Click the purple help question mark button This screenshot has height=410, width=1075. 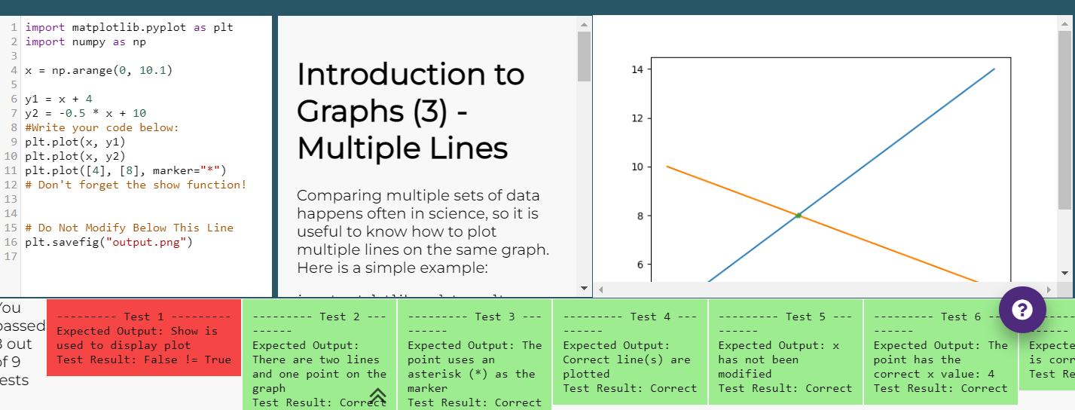pyautogui.click(x=1022, y=309)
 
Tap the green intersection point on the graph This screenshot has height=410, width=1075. pyautogui.click(x=799, y=216)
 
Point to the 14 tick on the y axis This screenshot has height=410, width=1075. pyautogui.click(x=637, y=69)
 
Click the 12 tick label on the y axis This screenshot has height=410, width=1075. pyautogui.click(x=637, y=118)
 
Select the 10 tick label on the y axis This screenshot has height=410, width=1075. pyautogui.click(x=637, y=167)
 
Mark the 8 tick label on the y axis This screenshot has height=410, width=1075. pyautogui.click(x=640, y=216)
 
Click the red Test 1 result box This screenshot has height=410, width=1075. pyautogui.click(x=144, y=337)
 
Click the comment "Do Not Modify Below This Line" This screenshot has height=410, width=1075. pyautogui.click(x=136, y=228)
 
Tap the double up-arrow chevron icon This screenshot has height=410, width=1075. pyautogui.click(x=377, y=395)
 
